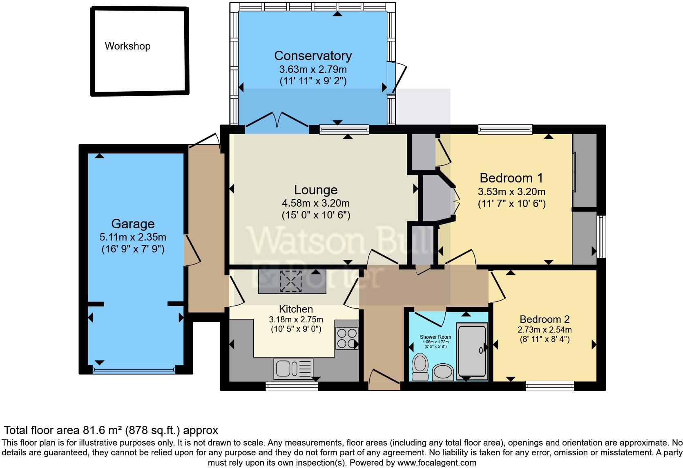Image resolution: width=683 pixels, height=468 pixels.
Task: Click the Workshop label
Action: pyautogui.click(x=127, y=46)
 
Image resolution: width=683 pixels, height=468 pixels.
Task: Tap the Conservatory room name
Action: pyautogui.click(x=313, y=56)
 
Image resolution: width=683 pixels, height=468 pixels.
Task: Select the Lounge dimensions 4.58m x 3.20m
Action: pyautogui.click(x=315, y=203)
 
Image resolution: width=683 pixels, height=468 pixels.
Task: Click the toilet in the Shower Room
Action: pyautogui.click(x=420, y=367)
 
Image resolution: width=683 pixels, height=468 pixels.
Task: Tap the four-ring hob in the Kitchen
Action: pyautogui.click(x=347, y=338)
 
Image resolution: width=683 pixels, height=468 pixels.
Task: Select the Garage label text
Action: pyautogui.click(x=133, y=224)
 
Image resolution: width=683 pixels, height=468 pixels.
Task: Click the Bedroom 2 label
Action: pyautogui.click(x=545, y=319)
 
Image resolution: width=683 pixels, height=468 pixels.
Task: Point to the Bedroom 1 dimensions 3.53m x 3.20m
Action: pyautogui.click(x=511, y=191)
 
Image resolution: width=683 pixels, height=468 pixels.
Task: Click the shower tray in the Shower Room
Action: pyautogui.click(x=472, y=350)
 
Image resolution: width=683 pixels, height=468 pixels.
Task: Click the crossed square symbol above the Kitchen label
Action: pyautogui.click(x=290, y=281)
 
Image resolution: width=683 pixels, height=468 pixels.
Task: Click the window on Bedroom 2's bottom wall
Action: pyautogui.click(x=549, y=385)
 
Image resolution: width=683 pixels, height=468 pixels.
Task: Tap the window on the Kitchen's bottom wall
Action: pyautogui.click(x=292, y=386)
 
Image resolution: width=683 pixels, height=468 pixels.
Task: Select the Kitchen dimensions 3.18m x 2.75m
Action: pyautogui.click(x=296, y=319)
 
